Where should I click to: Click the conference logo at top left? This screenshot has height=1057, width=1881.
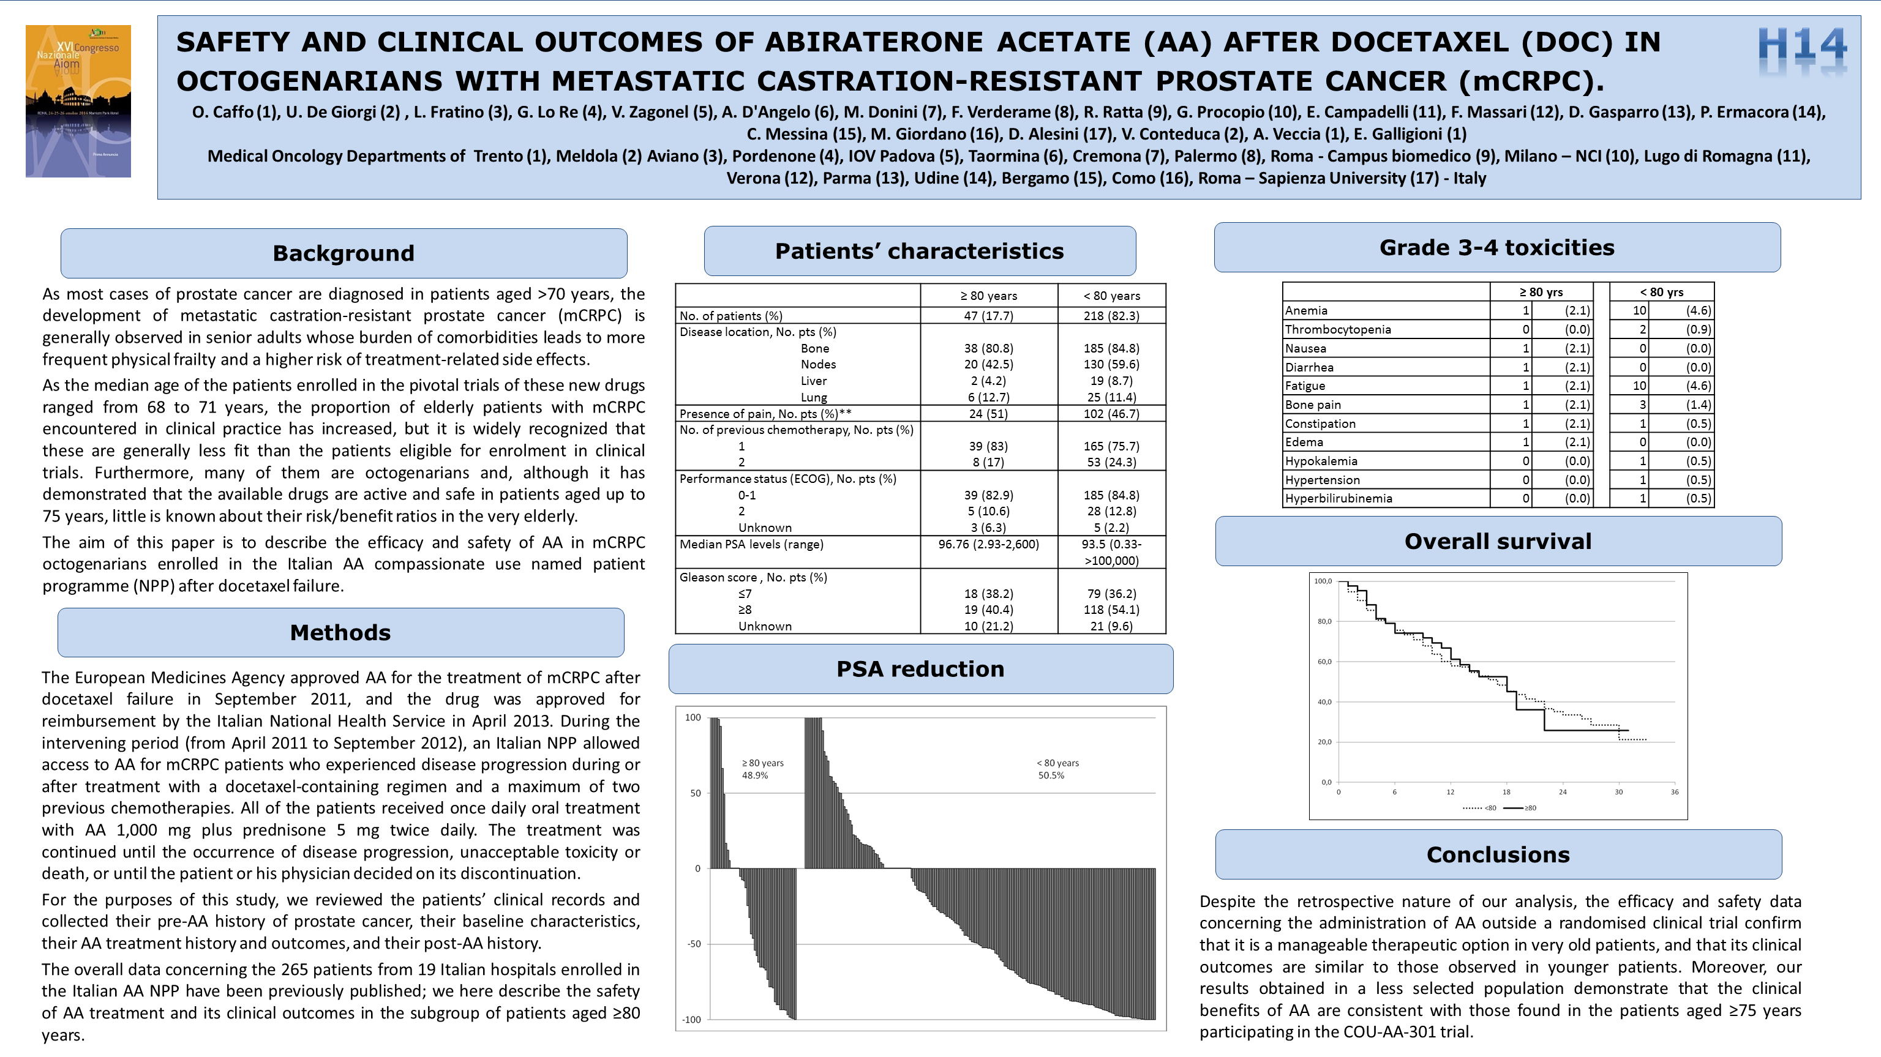(78, 101)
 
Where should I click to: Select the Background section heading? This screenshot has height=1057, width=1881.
(343, 253)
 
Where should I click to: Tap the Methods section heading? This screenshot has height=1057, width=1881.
(340, 633)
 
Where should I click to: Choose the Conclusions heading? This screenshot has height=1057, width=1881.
(1498, 855)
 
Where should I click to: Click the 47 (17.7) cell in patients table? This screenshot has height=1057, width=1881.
(988, 316)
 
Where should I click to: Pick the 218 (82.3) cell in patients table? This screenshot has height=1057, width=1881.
(1111, 316)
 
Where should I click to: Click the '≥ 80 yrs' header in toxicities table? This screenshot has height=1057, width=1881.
(1541, 292)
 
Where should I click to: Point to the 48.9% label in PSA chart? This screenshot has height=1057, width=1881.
(755, 775)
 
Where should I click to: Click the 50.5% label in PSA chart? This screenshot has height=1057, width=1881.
(1051, 775)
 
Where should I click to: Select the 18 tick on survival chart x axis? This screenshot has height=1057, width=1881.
(1506, 792)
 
